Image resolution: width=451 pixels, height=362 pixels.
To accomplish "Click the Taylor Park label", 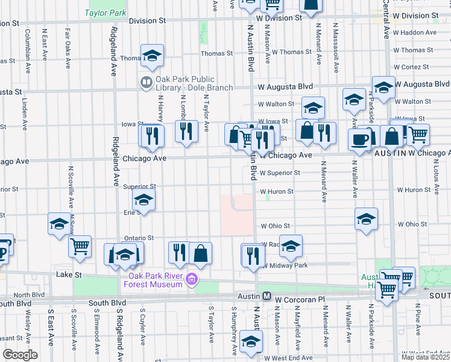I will pos(106,12).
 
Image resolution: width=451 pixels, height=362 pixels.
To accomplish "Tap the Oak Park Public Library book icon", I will pos(146,81).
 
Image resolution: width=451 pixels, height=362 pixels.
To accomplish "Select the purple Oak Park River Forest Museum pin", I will pos(192,279).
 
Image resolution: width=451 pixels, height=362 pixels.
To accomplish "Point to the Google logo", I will pos(20,355).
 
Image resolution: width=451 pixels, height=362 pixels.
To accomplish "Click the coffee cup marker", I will pos(359,140).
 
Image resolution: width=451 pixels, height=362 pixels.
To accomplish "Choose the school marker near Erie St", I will pos(143,199).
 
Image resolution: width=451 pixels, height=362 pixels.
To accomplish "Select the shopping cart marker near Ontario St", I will pos(80,246).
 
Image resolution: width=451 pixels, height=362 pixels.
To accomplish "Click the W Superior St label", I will pos(280,173).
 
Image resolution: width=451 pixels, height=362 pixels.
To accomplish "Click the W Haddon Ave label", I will pos(414,33).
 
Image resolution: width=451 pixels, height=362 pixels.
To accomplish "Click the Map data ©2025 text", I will pos(425,357).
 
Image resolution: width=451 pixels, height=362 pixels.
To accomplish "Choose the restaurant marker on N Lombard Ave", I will pos(187,130).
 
